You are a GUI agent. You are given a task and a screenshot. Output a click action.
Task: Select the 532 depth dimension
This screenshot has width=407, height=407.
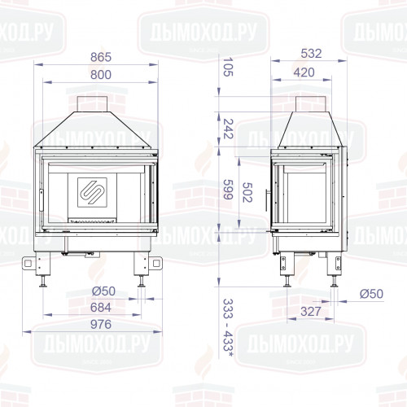click(309, 54)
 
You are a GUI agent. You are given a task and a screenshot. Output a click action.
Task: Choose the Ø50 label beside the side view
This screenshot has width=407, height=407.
click(371, 293)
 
